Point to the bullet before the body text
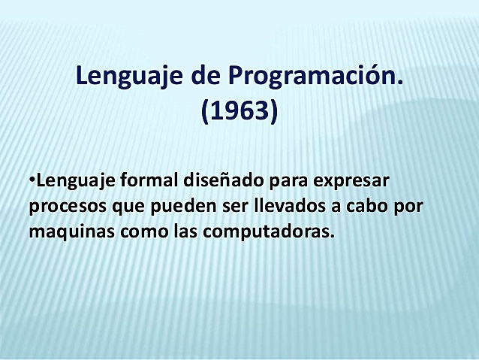point(32,180)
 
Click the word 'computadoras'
point(267,232)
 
